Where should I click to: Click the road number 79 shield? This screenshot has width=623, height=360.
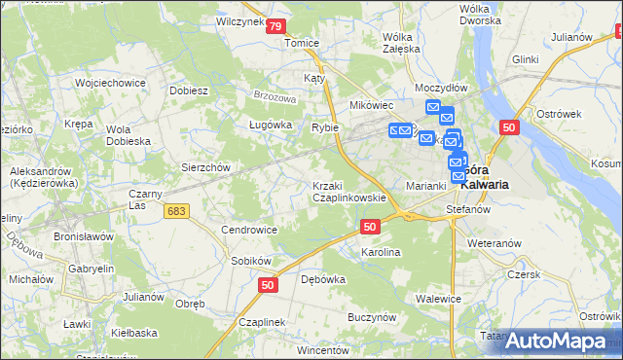click(276, 27)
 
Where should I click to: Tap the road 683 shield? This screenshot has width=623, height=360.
click(176, 211)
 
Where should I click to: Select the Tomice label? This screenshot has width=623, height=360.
click(301, 43)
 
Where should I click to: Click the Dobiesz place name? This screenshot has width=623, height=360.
click(189, 90)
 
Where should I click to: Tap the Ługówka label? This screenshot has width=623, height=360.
click(271, 125)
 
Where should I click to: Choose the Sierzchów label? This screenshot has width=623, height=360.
click(205, 166)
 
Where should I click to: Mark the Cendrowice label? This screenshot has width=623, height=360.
click(249, 230)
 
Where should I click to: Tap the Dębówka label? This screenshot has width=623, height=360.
click(323, 279)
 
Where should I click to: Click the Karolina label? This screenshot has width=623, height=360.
click(381, 252)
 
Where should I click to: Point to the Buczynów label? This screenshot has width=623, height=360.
click(371, 316)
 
